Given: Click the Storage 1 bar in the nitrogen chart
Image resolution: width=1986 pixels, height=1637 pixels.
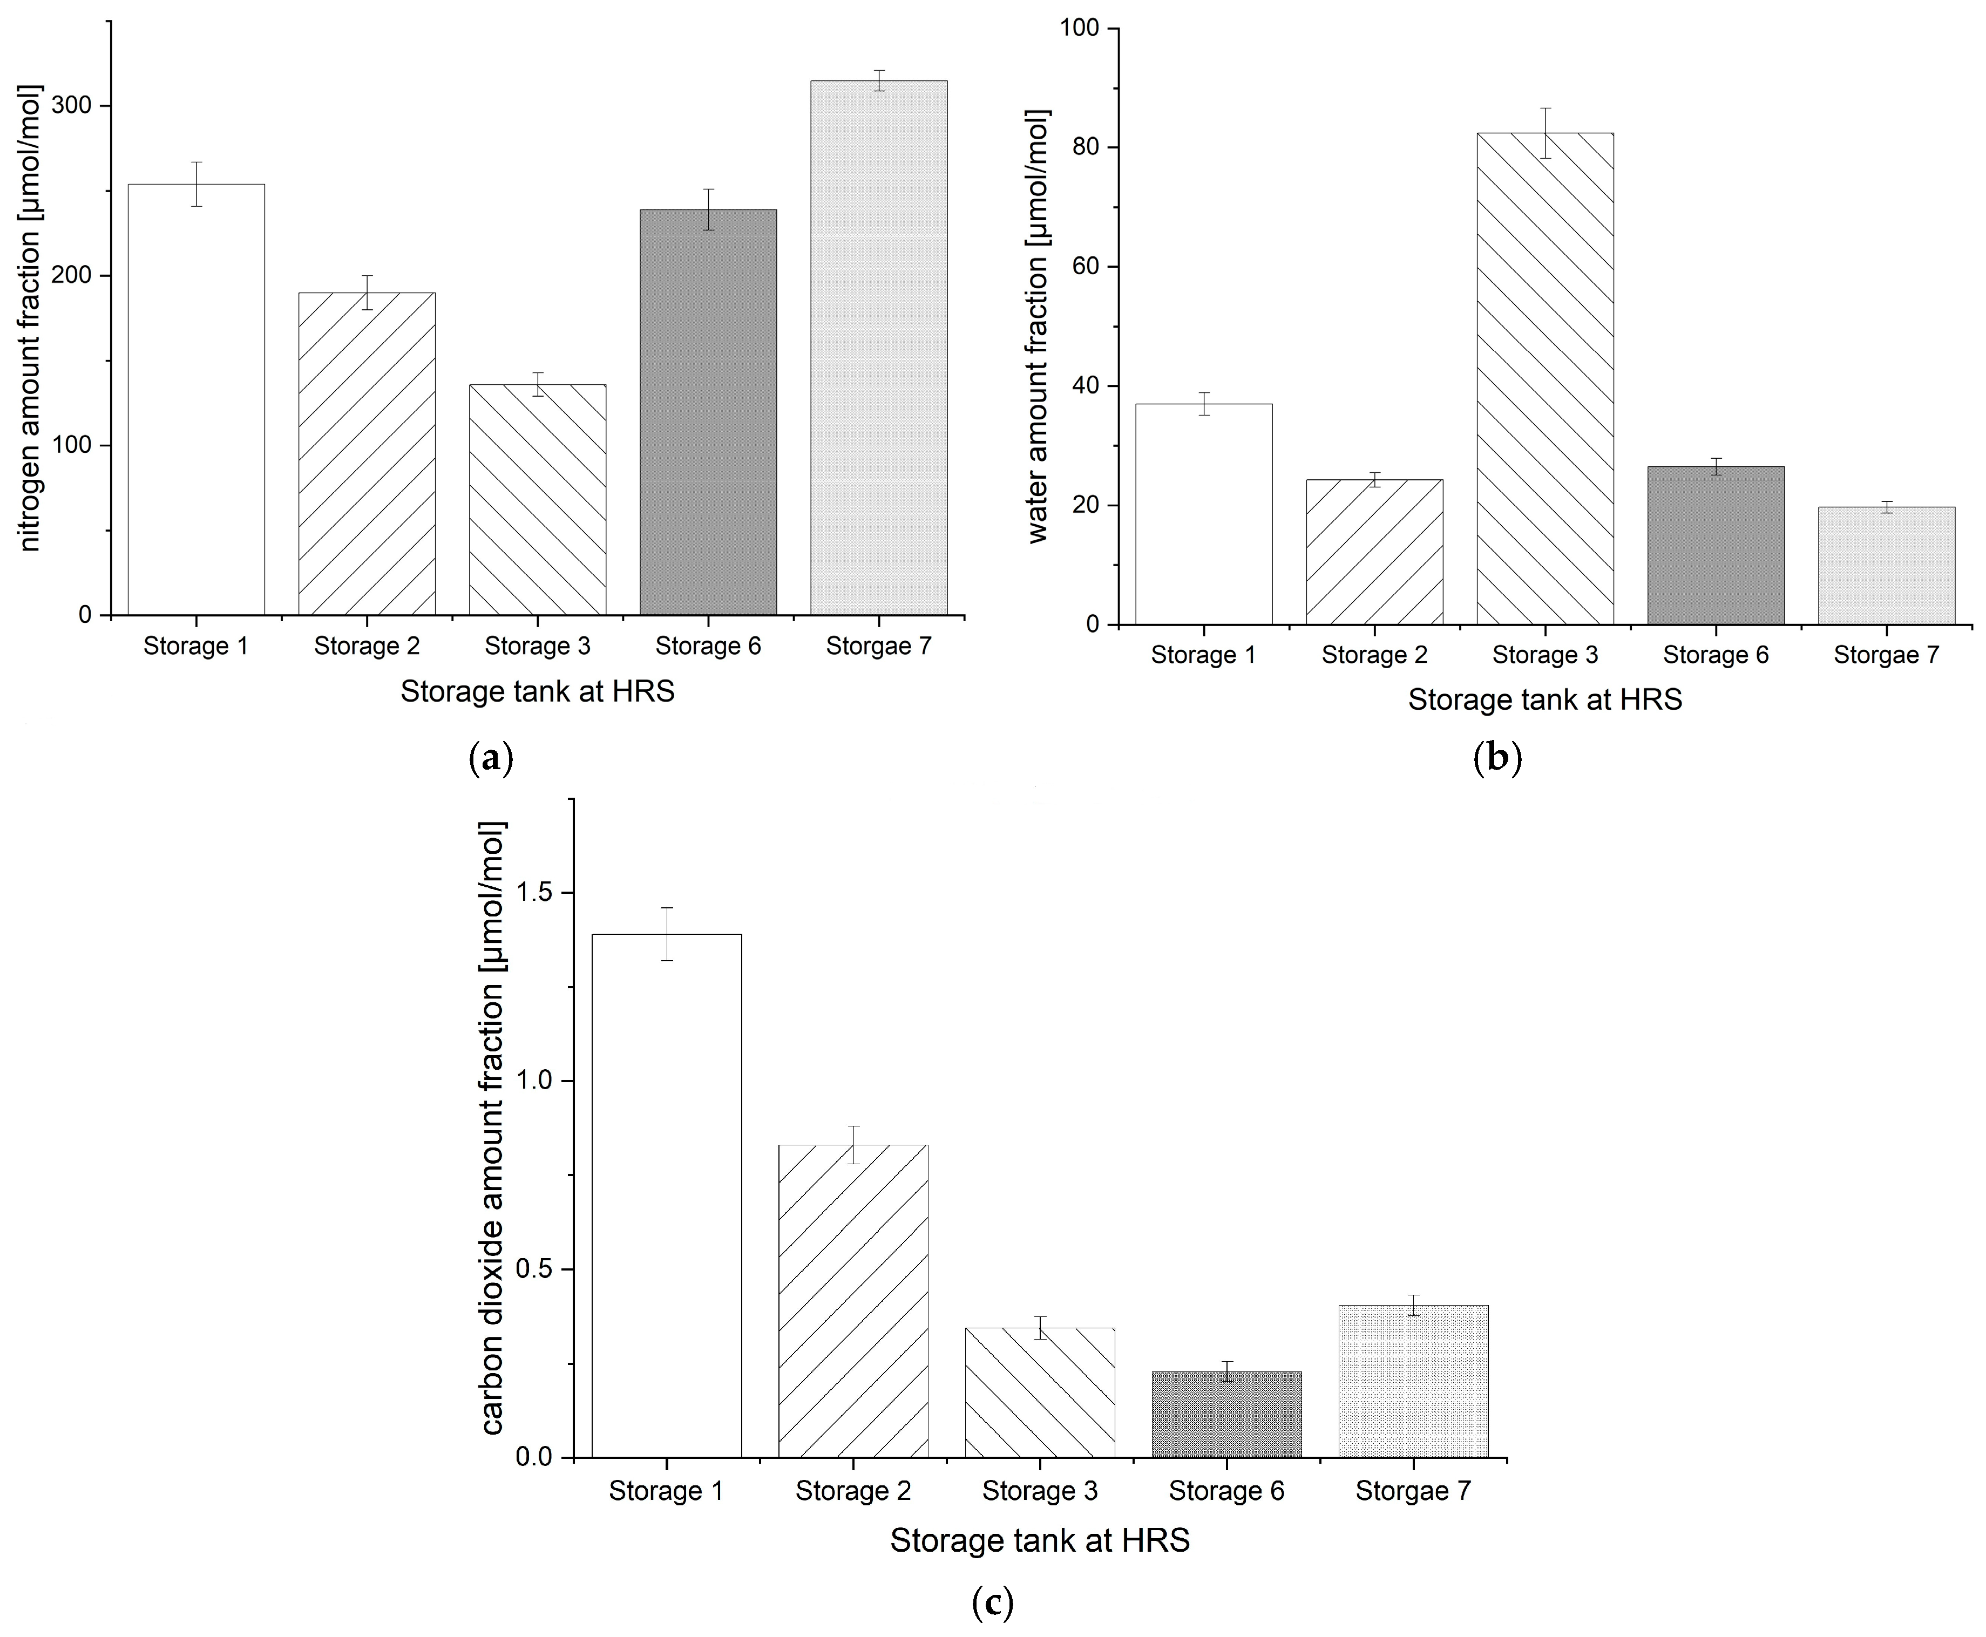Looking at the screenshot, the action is point(196,400).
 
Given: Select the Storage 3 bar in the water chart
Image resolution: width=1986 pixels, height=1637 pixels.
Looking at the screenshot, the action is point(1544,379).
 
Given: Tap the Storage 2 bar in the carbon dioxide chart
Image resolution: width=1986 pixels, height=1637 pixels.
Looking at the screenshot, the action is point(853,1301).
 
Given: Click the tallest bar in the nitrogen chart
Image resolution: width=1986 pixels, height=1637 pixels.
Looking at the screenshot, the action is point(879,348).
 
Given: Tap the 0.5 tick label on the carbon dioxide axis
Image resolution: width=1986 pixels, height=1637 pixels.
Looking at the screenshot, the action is point(536,1269).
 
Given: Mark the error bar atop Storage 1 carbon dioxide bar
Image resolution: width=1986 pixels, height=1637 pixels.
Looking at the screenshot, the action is point(667,934).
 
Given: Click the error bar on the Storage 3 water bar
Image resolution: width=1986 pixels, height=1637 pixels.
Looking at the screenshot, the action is point(1544,133).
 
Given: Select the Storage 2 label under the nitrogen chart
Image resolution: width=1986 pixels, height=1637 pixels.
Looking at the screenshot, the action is point(367,647).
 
